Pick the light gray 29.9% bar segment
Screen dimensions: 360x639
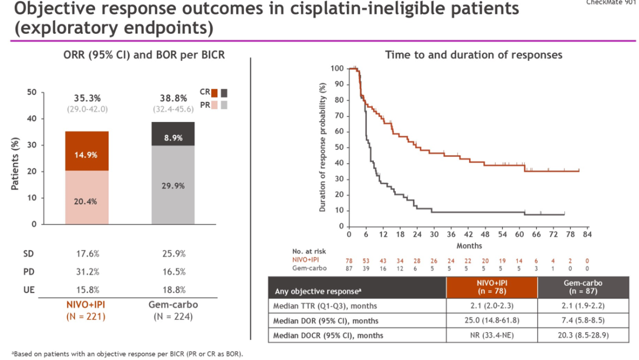pos(173,185)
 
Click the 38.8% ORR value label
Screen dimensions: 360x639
pos(172,98)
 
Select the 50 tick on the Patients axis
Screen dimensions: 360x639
pos(32,92)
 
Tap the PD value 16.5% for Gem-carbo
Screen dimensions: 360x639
pos(173,272)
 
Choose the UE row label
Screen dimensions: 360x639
pos(28,290)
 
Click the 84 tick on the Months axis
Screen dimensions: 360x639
pos(586,234)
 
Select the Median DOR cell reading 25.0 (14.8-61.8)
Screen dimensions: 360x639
pos(491,321)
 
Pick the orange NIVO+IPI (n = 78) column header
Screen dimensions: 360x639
pos(491,287)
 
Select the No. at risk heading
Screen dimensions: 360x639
pos(308,251)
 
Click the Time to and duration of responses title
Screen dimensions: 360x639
pos(473,55)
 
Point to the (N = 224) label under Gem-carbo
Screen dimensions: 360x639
pos(172,316)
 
